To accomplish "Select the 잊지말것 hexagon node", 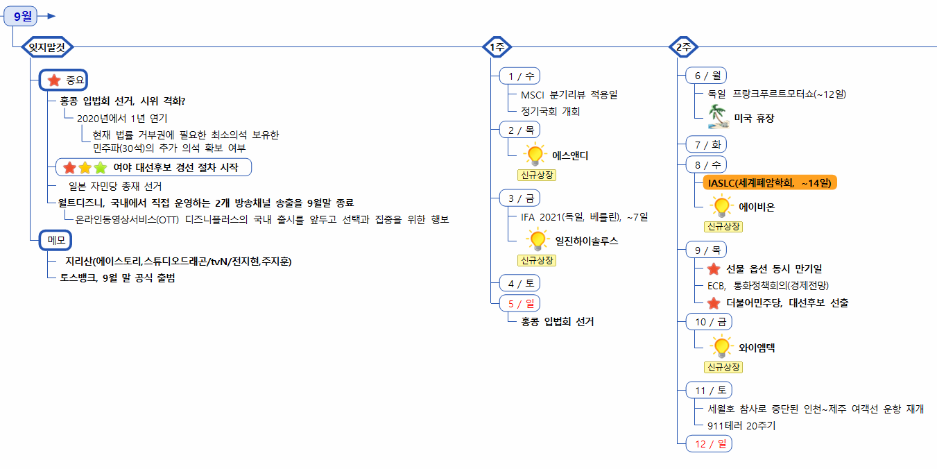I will [47, 47].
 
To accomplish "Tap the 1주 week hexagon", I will [497, 47].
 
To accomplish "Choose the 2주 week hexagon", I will [683, 47].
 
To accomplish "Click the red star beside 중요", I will [54, 80].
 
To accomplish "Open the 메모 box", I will [55, 240].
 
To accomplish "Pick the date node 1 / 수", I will [520, 76].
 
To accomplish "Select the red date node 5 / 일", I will [520, 302].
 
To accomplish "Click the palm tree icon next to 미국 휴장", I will [718, 117].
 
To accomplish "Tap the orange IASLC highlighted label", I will [770, 182].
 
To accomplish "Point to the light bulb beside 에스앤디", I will [535, 155].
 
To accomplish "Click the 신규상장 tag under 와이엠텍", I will [723, 367].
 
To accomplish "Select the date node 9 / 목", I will [706, 250].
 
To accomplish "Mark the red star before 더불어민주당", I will [713, 302].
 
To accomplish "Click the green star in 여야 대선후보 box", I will [101, 167].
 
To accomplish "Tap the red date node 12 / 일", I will [709, 443].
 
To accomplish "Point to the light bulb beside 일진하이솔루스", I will [537, 240].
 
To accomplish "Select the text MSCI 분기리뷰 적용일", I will [569, 94].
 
